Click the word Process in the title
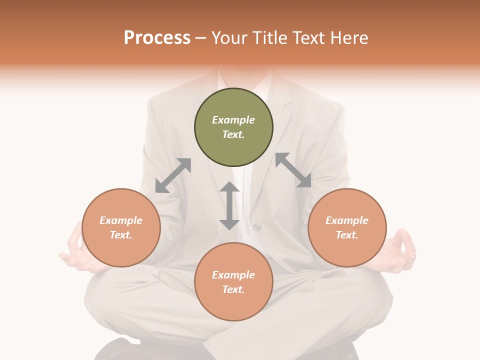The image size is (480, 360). click(157, 38)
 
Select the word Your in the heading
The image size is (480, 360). click(231, 38)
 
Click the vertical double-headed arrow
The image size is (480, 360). click(229, 205)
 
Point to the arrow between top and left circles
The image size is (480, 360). click(173, 175)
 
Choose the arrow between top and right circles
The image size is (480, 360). click(293, 170)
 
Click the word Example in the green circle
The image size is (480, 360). click(233, 120)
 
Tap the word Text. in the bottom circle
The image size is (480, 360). click(233, 289)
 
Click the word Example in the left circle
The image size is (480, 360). click(121, 220)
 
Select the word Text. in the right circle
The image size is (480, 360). click(347, 235)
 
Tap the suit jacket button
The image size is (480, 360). click(257, 227)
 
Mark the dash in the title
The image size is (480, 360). click(200, 38)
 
